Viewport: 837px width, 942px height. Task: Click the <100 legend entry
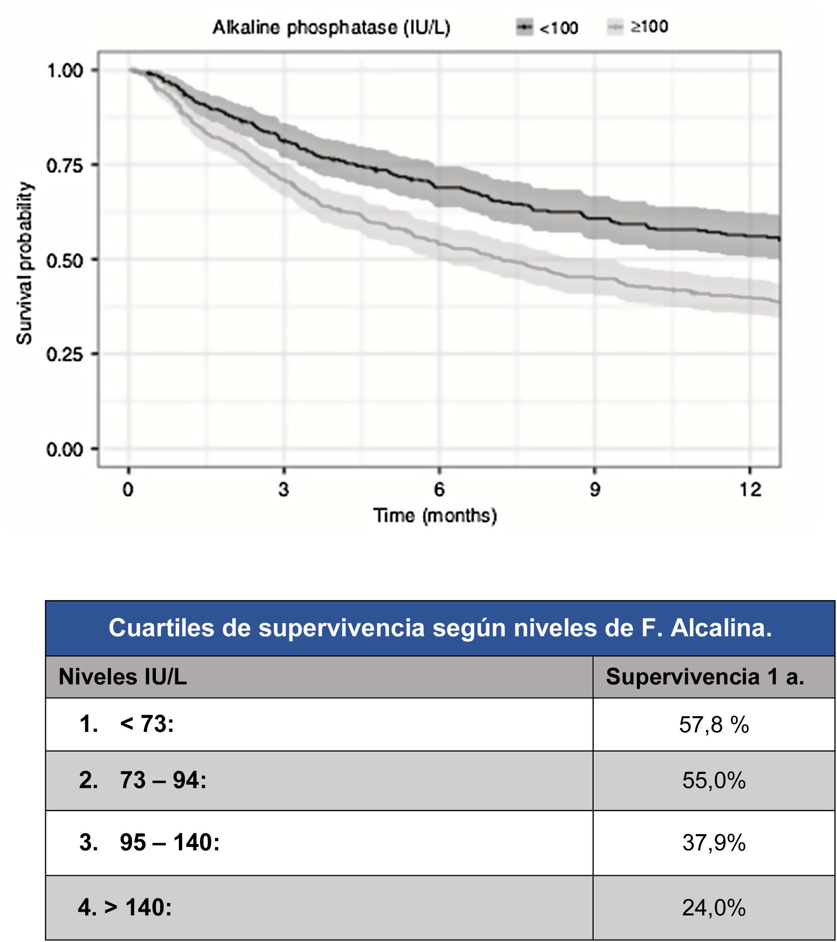[x=547, y=28]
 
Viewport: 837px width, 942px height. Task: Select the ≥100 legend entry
[x=638, y=27]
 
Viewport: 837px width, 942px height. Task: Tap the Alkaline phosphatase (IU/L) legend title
[x=331, y=28]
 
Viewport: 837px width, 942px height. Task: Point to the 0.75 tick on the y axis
[x=65, y=165]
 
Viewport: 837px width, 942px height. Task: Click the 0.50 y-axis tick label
[x=65, y=260]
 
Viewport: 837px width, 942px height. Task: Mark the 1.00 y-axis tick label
[x=65, y=70]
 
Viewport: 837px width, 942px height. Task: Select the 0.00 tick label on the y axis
[x=65, y=449]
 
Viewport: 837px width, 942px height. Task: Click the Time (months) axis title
[x=435, y=515]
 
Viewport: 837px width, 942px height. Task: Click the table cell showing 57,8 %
[x=714, y=725]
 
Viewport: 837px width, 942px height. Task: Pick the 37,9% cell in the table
[x=714, y=842]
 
